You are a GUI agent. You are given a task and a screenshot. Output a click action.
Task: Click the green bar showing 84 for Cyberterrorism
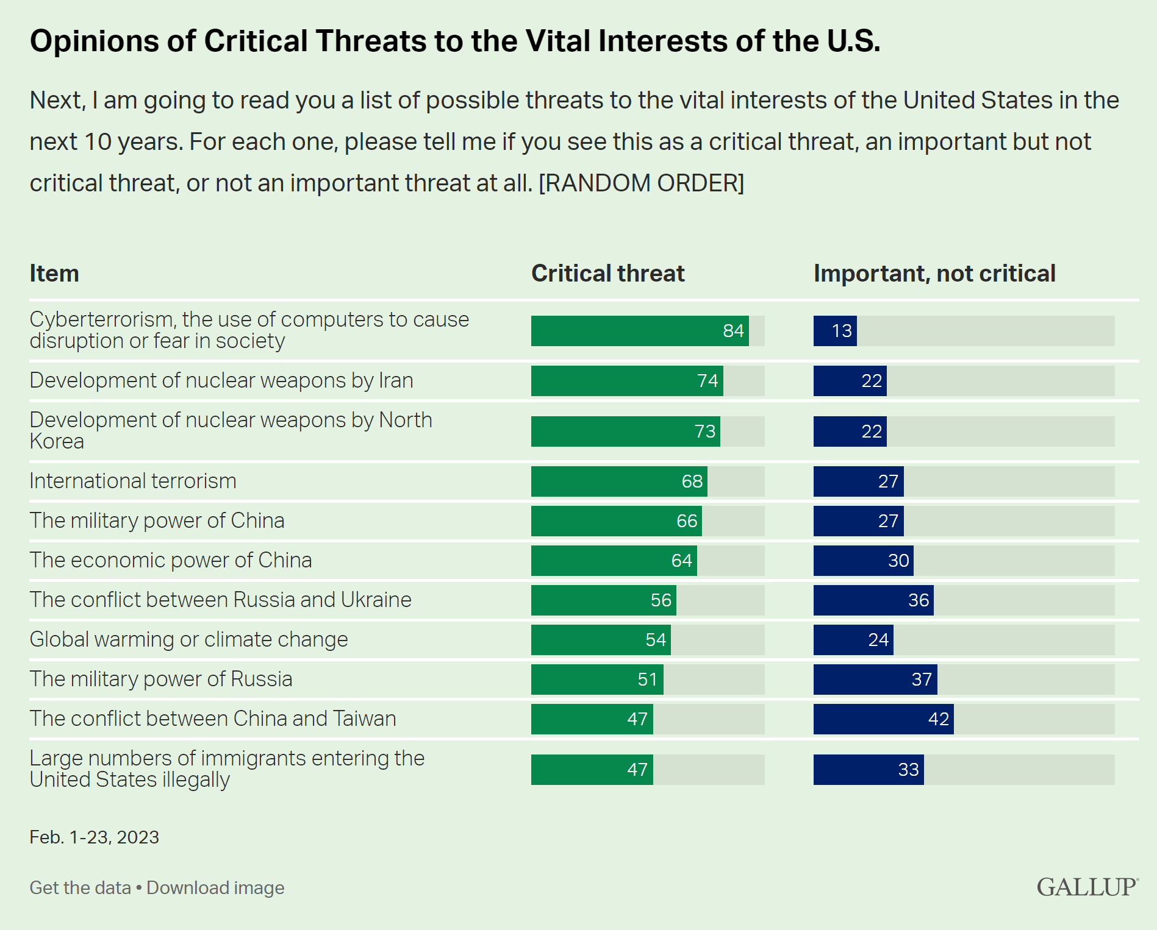click(639, 331)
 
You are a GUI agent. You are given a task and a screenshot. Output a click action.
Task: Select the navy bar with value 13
click(835, 331)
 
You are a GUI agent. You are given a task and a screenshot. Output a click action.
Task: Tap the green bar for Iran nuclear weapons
click(626, 381)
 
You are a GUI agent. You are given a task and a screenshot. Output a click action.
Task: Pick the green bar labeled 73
click(625, 431)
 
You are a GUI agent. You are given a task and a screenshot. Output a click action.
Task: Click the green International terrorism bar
click(618, 481)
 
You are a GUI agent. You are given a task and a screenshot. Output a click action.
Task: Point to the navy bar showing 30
click(863, 561)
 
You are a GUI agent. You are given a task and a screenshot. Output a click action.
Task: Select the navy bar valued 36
click(873, 600)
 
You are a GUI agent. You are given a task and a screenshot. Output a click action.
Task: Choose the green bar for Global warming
click(601, 640)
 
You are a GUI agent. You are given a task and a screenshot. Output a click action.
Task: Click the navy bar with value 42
click(883, 719)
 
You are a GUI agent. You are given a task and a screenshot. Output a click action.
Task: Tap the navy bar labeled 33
click(869, 770)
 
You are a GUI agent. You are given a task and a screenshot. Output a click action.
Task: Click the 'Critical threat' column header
click(607, 274)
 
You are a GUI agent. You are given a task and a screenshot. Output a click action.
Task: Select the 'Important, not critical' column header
click(934, 274)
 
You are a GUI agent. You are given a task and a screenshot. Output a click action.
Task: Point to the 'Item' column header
click(54, 274)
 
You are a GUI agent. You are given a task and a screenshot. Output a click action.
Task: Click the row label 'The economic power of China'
click(171, 560)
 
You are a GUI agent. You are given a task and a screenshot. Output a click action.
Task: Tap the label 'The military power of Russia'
click(161, 679)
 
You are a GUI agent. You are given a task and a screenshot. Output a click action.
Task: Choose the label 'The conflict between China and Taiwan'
click(213, 719)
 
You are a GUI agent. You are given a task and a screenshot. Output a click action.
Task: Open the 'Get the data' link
click(81, 888)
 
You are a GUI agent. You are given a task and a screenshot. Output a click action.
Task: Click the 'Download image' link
click(215, 888)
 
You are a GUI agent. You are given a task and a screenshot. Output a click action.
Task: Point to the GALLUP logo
click(1087, 887)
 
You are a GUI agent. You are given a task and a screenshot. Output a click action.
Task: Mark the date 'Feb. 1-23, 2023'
click(95, 837)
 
